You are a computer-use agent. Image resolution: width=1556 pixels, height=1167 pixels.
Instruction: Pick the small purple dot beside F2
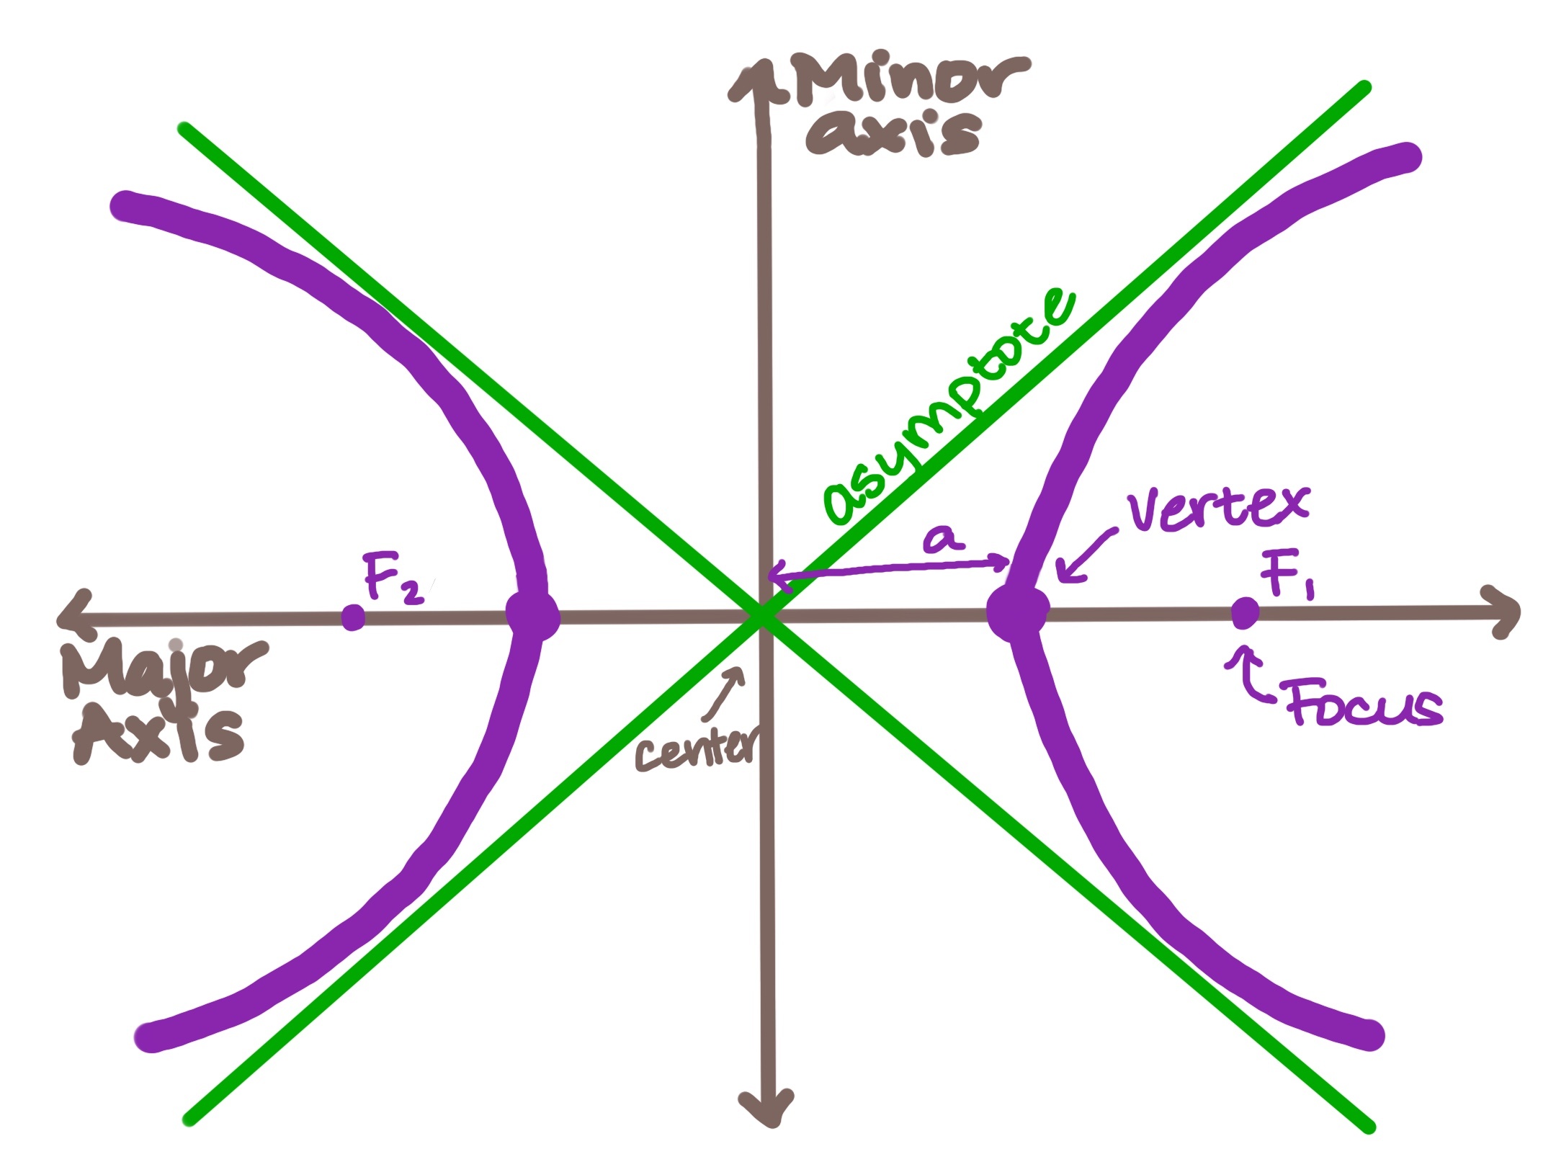pyautogui.click(x=353, y=617)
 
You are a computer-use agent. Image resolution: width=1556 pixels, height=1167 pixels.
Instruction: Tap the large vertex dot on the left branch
pyautogui.click(x=533, y=616)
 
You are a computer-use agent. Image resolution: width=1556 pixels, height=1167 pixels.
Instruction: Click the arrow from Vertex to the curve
pyautogui.click(x=1087, y=555)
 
